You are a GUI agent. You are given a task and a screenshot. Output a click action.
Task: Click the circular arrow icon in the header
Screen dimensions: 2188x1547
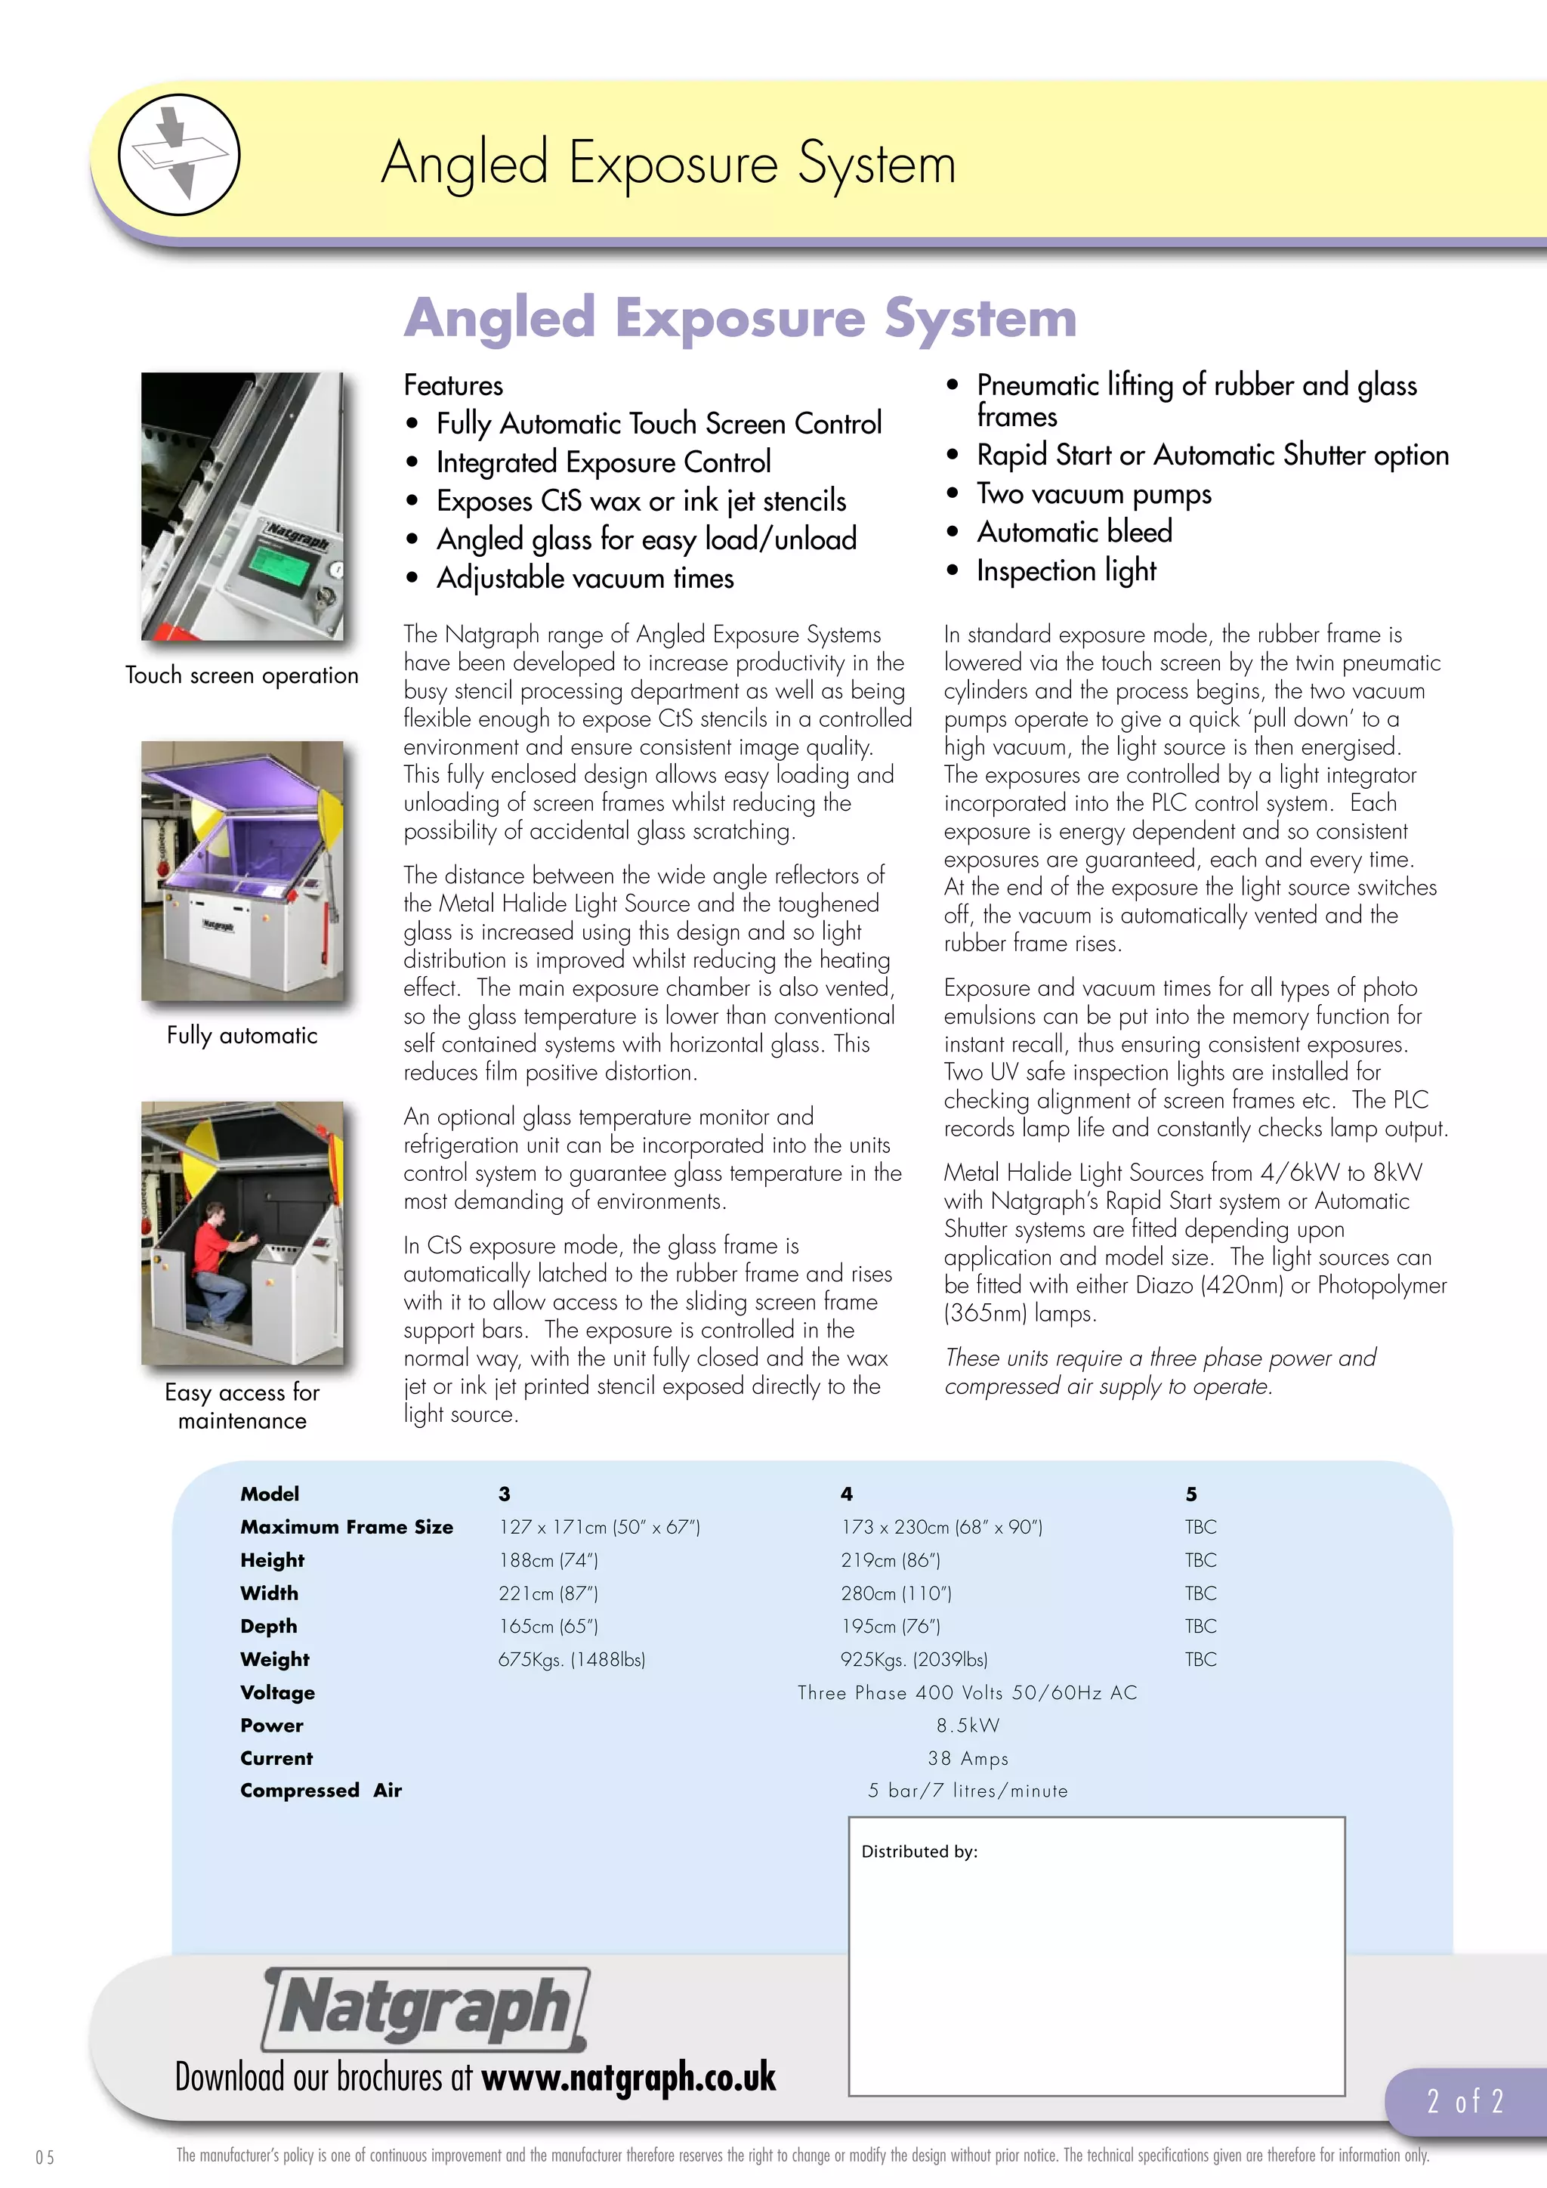[179, 154]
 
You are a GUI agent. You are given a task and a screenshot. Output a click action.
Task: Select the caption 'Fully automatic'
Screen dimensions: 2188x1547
[242, 1036]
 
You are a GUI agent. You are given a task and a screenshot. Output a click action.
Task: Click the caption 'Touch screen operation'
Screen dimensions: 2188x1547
[242, 675]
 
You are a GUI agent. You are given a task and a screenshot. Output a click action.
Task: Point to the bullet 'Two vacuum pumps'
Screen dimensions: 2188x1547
[1094, 493]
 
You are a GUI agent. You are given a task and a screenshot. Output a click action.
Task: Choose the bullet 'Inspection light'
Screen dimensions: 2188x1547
[1066, 571]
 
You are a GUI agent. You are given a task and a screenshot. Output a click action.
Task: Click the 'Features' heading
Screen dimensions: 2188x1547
[453, 385]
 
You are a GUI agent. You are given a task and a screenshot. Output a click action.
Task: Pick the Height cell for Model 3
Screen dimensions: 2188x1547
[548, 1560]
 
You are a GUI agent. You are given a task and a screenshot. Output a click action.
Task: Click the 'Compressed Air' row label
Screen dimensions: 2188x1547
[321, 1791]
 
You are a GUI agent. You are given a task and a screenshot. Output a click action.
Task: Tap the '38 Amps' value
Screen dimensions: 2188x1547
[968, 1758]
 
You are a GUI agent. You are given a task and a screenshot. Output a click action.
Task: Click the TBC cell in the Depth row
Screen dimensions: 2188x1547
[1200, 1626]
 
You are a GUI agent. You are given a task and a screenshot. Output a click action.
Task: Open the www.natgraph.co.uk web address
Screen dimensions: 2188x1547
[628, 2078]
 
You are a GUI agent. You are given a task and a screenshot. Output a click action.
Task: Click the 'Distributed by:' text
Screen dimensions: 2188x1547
[919, 1852]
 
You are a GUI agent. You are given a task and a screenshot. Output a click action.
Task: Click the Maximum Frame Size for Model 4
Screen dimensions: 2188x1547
[941, 1527]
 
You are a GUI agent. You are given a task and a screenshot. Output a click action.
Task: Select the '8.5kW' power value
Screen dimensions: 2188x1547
[968, 1725]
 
